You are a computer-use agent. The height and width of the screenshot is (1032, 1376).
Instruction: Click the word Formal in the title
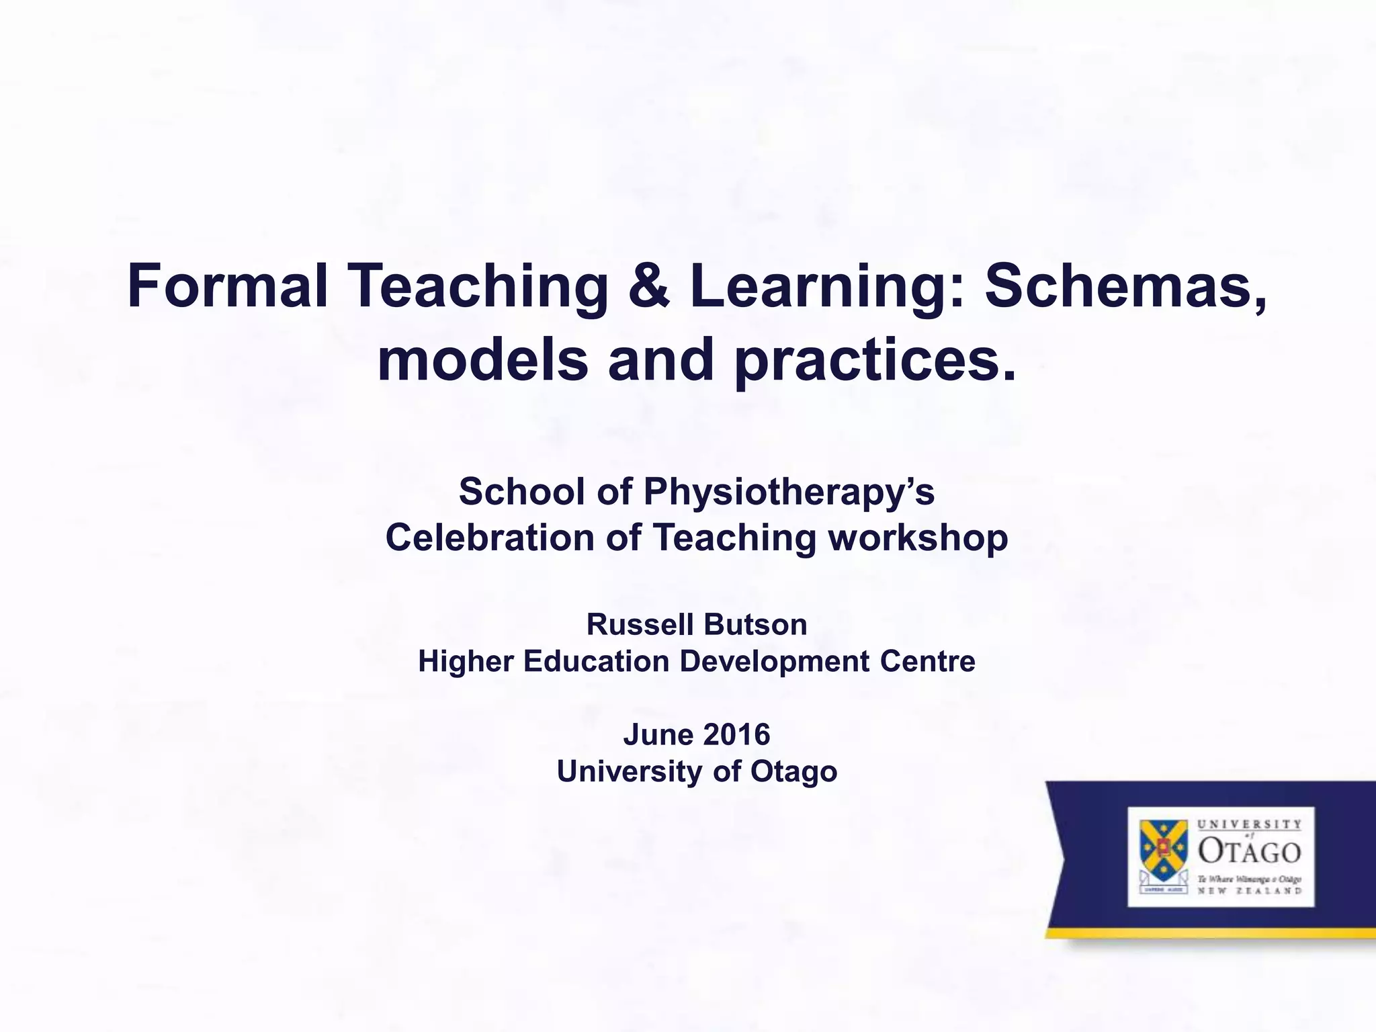pyautogui.click(x=227, y=288)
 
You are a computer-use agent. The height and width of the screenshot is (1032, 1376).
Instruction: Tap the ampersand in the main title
pyautogui.click(x=649, y=288)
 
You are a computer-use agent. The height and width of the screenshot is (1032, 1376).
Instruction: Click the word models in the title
pyautogui.click(x=482, y=361)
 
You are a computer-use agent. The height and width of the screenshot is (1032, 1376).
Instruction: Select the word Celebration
pyautogui.click(x=490, y=538)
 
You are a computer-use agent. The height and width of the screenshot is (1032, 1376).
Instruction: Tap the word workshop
pyautogui.click(x=918, y=538)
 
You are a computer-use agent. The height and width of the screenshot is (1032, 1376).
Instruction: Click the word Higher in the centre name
pyautogui.click(x=466, y=662)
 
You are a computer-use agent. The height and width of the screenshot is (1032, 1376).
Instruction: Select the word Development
pyautogui.click(x=774, y=662)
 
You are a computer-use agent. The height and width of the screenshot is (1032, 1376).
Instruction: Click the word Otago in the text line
pyautogui.click(x=793, y=771)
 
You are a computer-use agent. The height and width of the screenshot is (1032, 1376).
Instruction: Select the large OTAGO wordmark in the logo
pyautogui.click(x=1249, y=852)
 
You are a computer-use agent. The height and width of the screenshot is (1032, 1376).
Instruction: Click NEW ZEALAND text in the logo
pyautogui.click(x=1249, y=891)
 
